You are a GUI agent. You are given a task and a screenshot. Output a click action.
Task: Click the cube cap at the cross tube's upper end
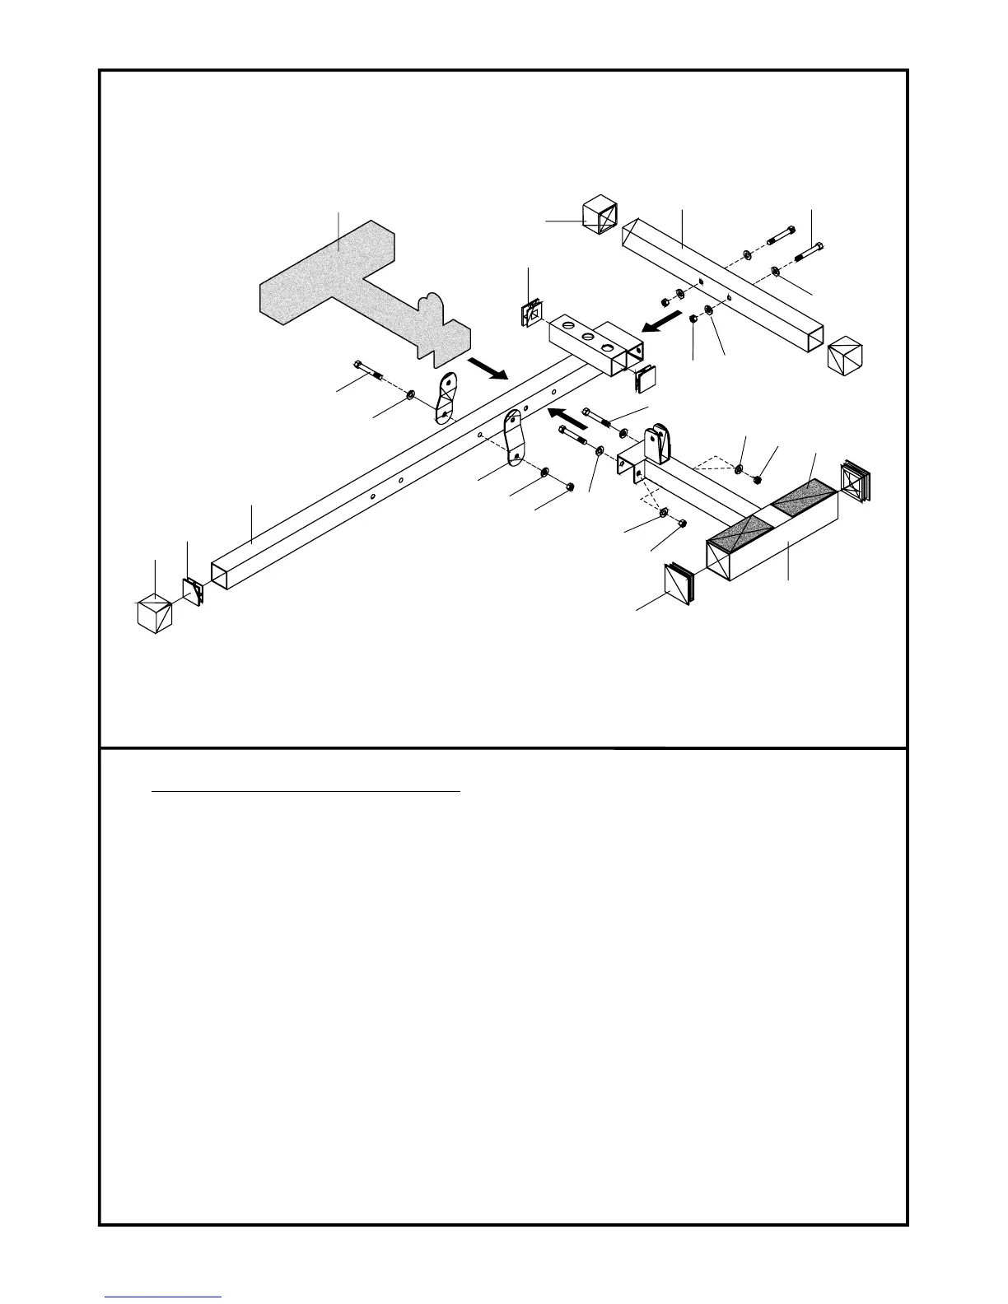[x=599, y=213]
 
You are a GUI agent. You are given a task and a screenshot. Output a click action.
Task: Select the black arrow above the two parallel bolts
[x=569, y=415]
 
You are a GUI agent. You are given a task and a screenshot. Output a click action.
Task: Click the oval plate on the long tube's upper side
[x=447, y=396]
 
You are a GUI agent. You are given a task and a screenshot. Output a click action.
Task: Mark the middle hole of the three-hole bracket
[x=586, y=338]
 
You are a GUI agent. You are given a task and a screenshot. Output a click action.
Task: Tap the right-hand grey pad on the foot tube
[x=804, y=499]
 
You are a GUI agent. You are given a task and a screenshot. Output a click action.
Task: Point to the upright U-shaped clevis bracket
[x=658, y=444]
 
